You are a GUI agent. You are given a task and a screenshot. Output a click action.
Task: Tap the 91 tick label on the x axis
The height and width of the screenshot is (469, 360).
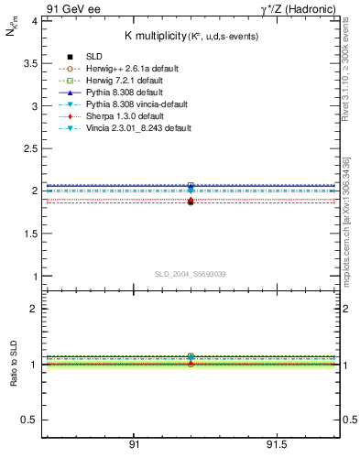pos(134,445)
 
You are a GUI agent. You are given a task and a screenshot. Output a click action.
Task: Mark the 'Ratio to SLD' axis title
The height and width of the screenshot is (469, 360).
pos(13,364)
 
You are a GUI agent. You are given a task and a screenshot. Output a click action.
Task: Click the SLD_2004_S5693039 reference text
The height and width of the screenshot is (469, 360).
pos(190,274)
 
